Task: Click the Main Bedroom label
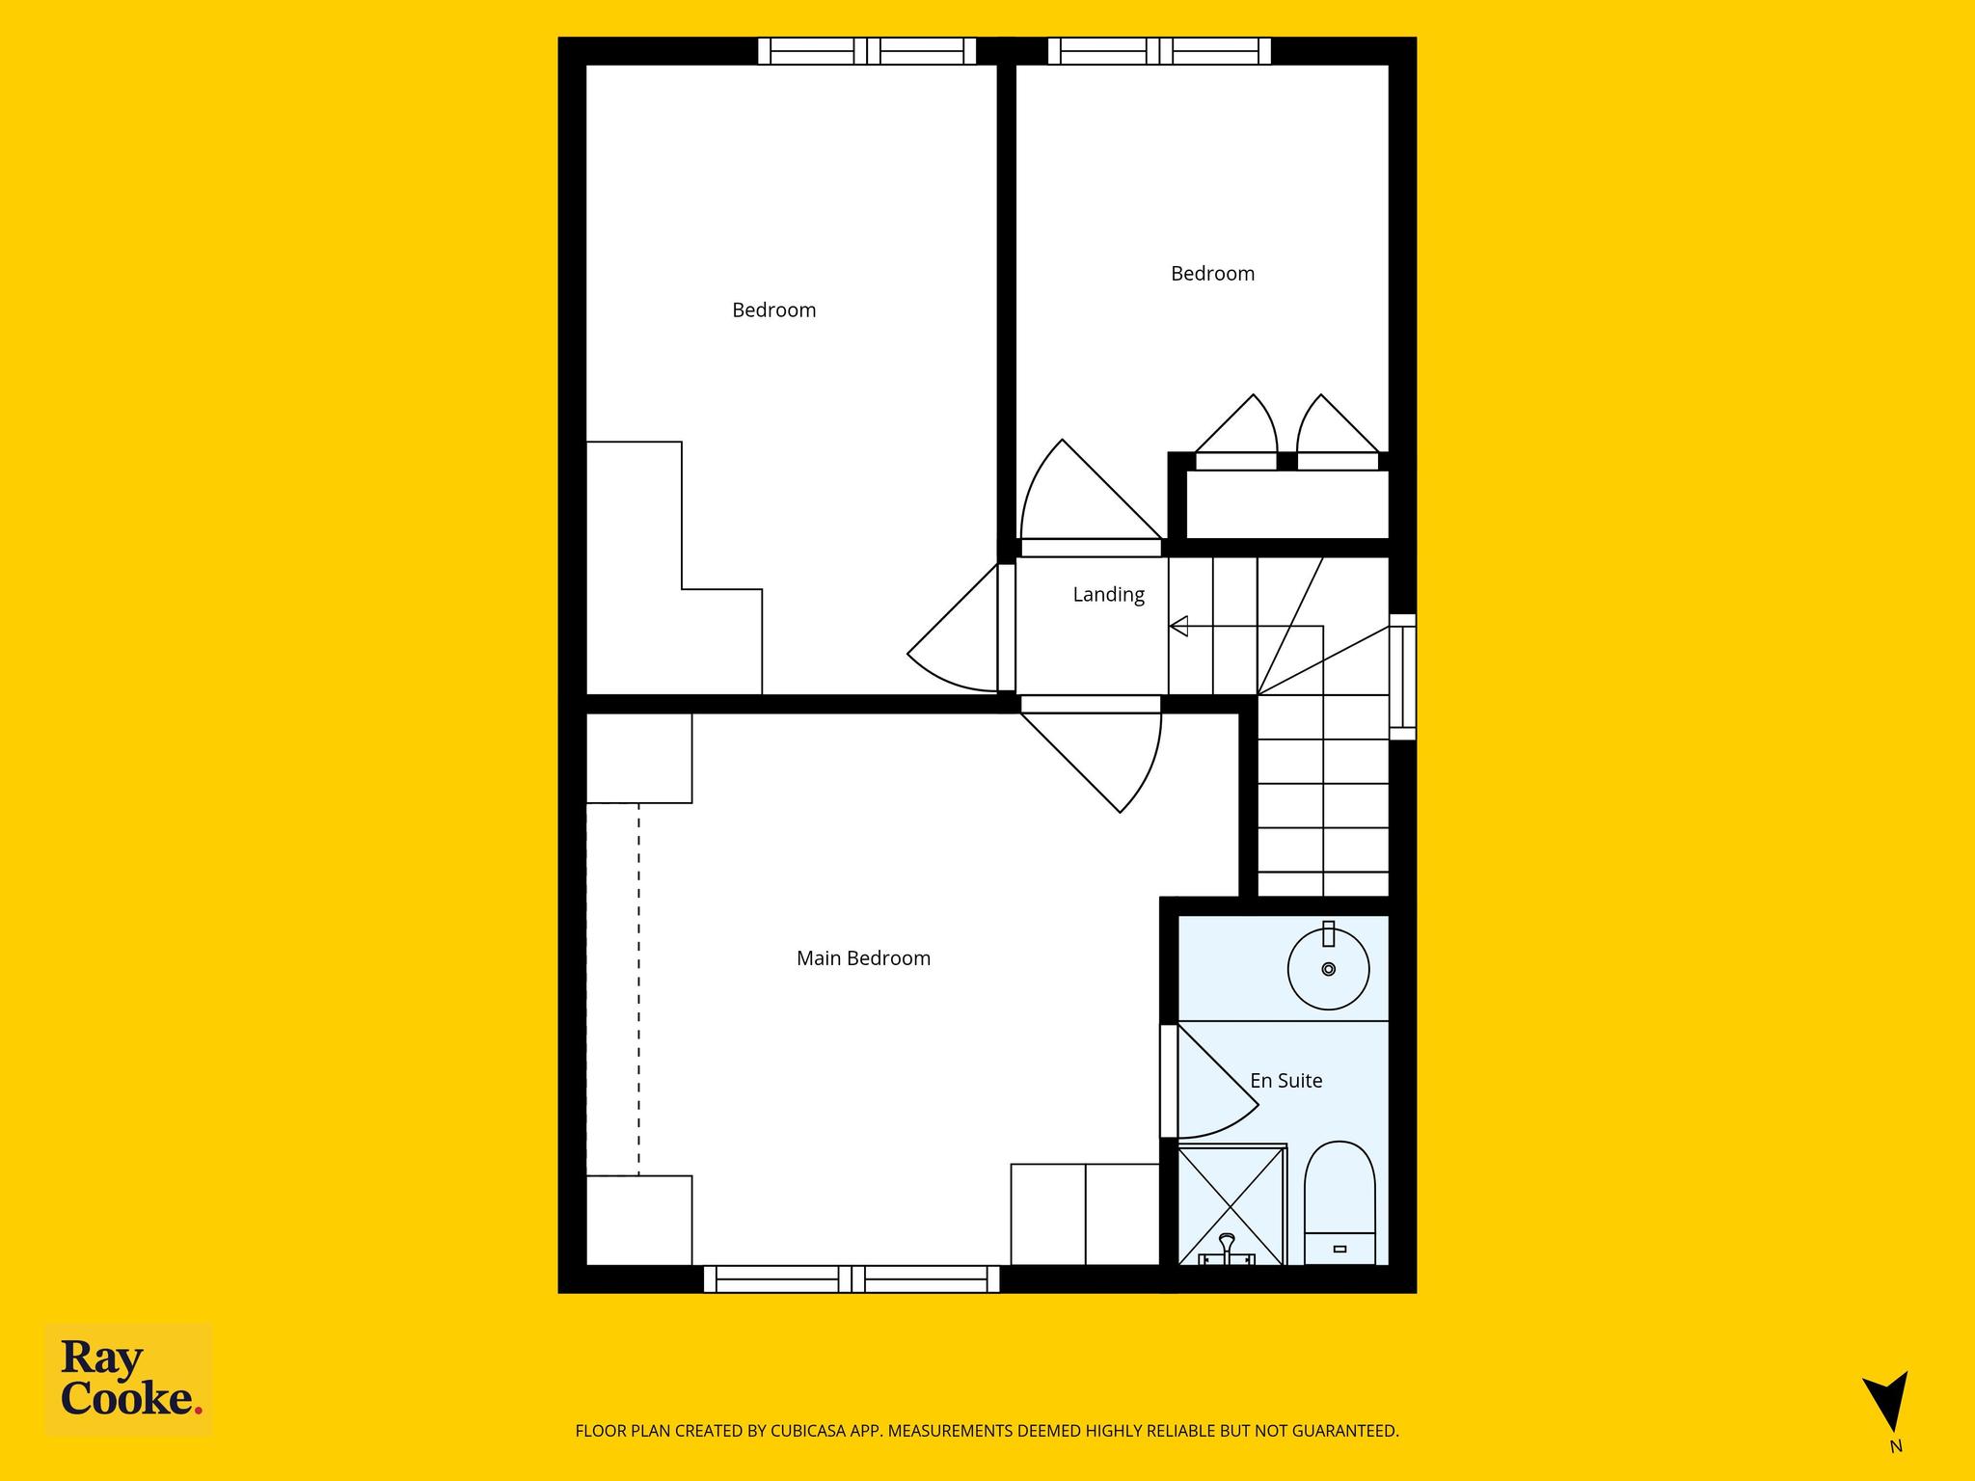click(x=863, y=958)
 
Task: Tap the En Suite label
click(x=1285, y=1081)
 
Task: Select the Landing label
click(x=1108, y=595)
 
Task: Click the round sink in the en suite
click(x=1329, y=968)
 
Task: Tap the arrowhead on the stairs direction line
click(x=1178, y=627)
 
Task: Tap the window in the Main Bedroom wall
click(x=852, y=1279)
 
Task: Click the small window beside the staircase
click(x=1402, y=677)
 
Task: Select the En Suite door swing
click(x=1218, y=1080)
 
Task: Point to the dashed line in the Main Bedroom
click(x=637, y=989)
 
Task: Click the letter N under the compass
click(x=1896, y=1472)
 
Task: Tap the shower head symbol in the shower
click(x=1227, y=1246)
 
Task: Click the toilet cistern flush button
click(x=1339, y=1250)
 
